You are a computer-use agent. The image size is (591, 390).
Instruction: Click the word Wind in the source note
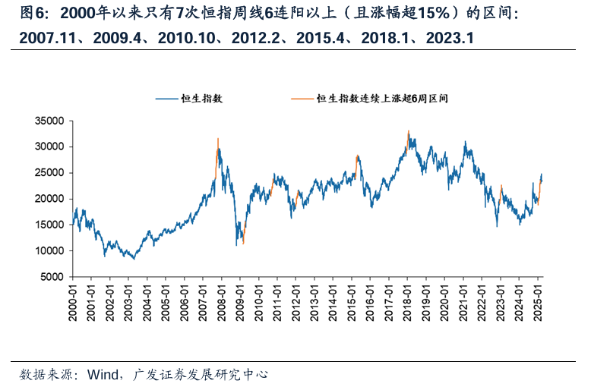(101, 374)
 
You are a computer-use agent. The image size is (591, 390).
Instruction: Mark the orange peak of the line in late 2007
(218, 139)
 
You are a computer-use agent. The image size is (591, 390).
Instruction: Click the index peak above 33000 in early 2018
(408, 131)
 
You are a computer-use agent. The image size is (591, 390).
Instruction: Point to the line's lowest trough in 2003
(134, 259)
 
